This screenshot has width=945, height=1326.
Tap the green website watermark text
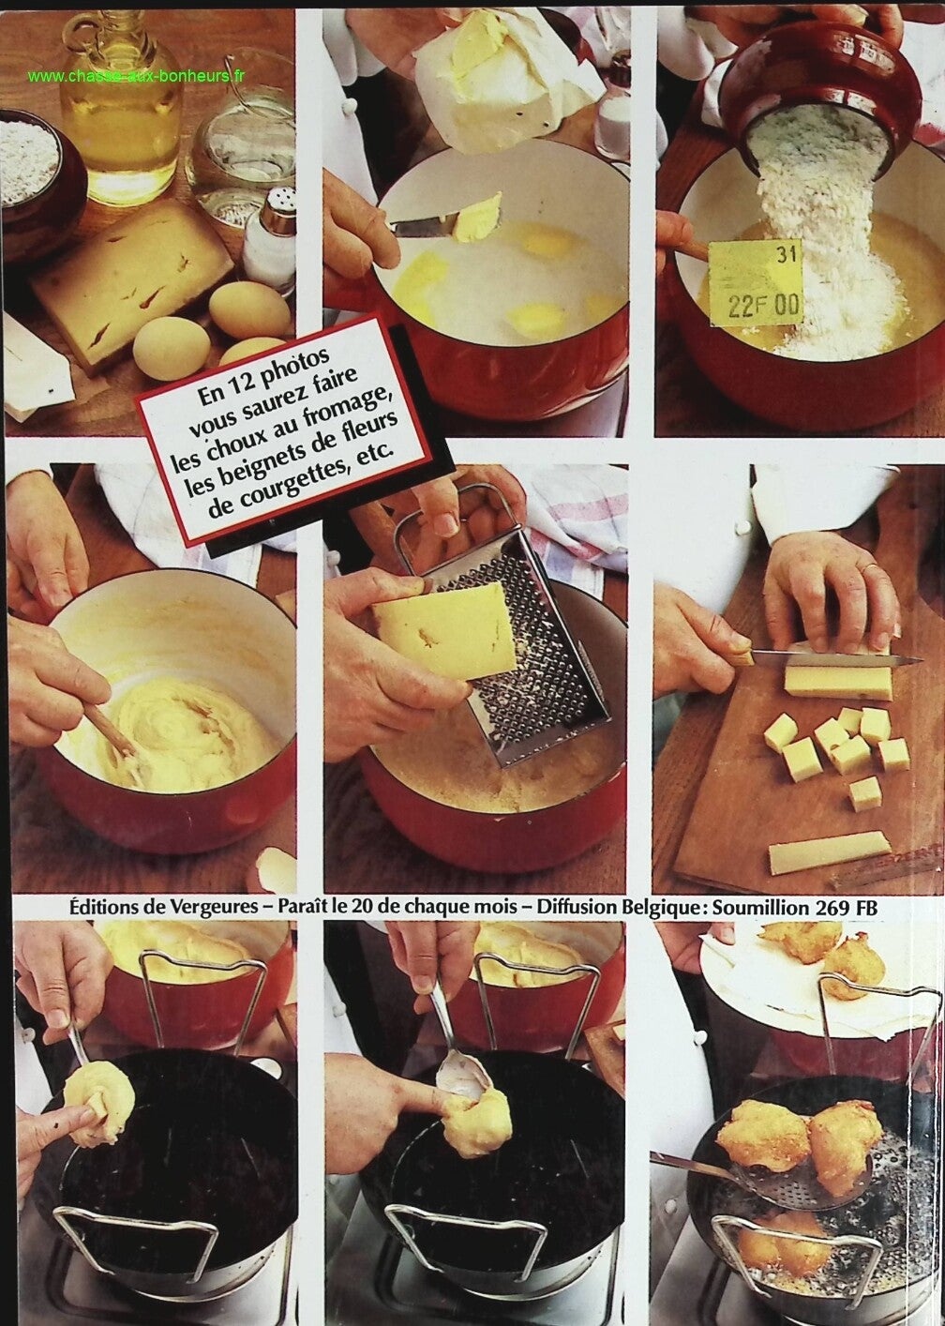[x=136, y=76]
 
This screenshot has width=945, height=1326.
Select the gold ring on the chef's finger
[x=867, y=568]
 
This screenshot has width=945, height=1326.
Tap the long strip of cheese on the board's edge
[x=829, y=852]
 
